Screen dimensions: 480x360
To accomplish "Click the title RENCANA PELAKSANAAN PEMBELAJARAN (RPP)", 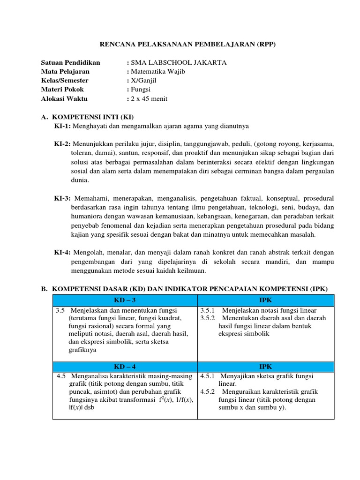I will point(188,45).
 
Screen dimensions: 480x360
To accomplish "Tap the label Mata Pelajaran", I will point(65,72).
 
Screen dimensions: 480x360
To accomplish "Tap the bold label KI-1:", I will point(62,126).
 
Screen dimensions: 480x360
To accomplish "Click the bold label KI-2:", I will point(62,144).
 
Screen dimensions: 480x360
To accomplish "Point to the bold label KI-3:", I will point(62,198).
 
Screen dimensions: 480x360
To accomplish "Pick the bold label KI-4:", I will point(62,253).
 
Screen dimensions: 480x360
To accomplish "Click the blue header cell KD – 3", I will point(125,300).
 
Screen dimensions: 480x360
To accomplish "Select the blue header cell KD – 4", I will point(125,367).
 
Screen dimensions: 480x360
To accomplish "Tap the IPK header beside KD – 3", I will point(265,300).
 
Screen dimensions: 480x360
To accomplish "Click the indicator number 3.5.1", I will point(208,310).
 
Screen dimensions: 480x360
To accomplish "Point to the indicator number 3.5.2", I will point(208,318).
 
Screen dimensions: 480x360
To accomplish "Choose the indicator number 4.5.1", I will point(208,376).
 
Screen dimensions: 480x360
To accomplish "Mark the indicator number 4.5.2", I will point(208,392).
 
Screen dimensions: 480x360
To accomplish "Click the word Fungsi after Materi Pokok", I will point(141,90).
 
